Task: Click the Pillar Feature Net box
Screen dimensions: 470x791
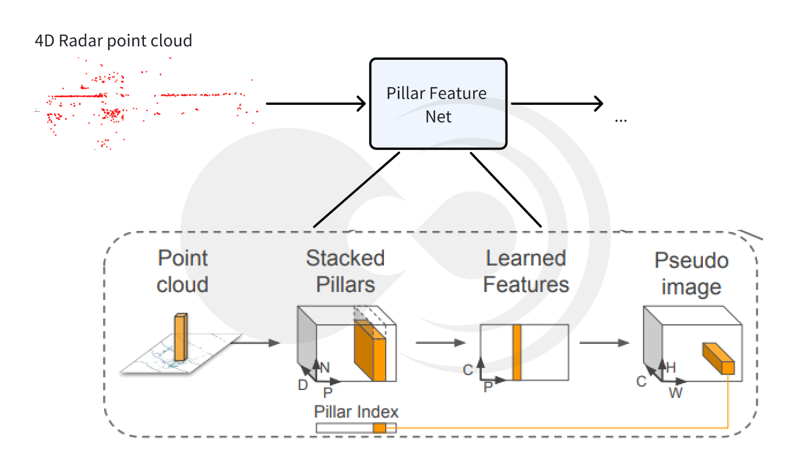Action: pos(438,104)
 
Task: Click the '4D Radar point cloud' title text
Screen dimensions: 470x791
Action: pos(113,41)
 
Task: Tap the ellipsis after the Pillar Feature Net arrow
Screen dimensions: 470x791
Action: pos(621,120)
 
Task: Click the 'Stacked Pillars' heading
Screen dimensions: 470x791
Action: pos(345,271)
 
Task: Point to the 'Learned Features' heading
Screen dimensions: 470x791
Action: pos(526,271)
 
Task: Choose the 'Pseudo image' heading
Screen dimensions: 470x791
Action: pos(691,274)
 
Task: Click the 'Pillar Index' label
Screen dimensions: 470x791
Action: pos(356,412)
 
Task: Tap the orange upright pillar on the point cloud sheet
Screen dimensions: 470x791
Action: pos(180,337)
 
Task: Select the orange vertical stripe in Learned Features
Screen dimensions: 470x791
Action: pos(516,352)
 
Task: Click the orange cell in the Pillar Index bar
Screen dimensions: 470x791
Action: pos(379,428)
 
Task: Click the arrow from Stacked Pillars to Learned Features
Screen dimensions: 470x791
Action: pos(440,343)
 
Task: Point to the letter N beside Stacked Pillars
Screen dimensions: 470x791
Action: pos(325,367)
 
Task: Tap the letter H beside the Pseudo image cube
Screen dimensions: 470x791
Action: pos(670,367)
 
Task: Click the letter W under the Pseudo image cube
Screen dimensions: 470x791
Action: pos(675,393)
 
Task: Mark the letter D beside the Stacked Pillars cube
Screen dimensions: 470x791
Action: pos(303,385)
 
